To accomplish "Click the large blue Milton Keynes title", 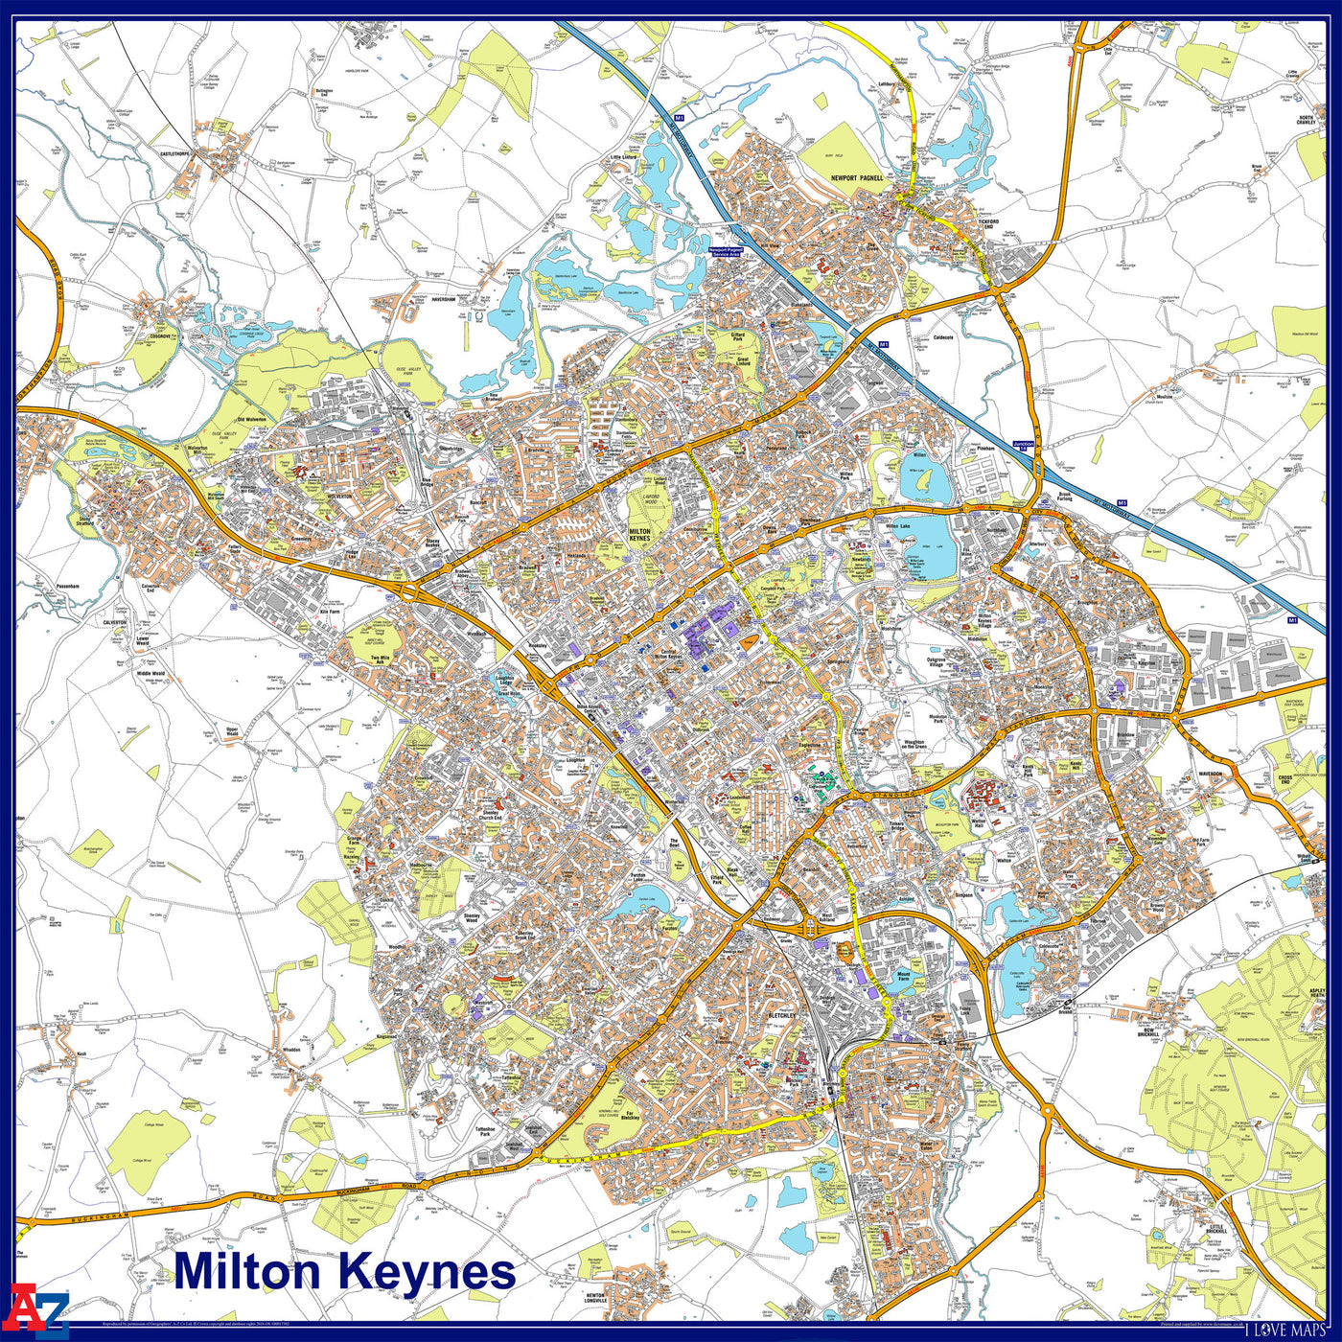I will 345,1272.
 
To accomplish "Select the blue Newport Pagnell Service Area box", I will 726,251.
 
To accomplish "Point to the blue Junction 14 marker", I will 1025,444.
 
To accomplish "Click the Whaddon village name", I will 291,1051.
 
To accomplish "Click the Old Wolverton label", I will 251,419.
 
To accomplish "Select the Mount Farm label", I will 903,978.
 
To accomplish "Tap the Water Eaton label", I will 925,1146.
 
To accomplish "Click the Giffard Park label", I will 738,336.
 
